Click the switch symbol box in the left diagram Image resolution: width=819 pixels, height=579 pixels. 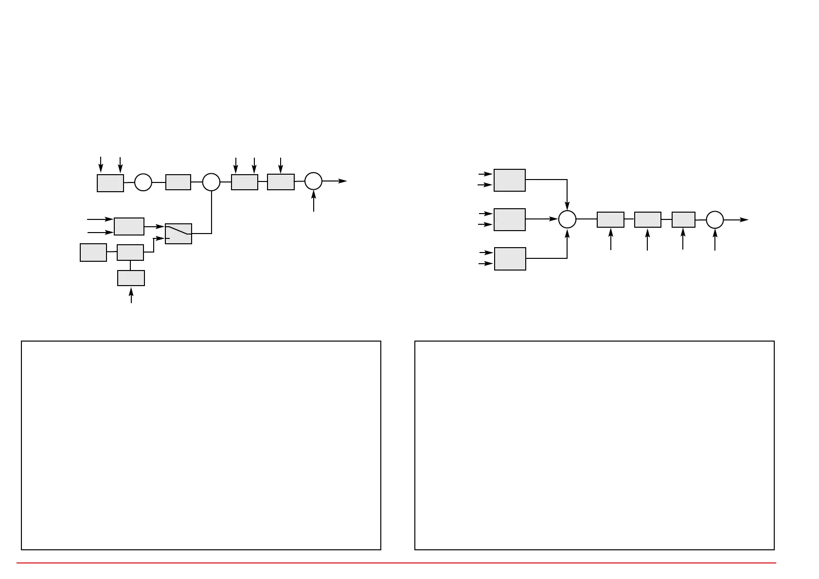178,234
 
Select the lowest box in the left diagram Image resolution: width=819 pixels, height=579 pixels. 131,278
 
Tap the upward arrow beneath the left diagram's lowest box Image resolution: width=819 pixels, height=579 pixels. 131,294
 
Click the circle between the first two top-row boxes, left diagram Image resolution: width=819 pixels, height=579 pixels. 143,182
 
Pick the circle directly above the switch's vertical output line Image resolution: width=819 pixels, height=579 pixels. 211,182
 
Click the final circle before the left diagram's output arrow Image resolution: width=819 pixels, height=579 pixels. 314,181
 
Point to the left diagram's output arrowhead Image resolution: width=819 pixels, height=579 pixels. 343,181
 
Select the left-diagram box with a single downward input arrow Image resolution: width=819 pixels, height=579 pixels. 281,182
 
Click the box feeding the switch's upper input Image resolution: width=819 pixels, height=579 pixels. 129,226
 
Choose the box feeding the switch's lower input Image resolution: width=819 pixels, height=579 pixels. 130,253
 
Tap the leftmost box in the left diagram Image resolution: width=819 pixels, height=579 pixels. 93,253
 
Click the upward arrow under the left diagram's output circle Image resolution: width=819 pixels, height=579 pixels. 314,200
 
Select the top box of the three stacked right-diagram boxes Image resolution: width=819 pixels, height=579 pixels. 510,180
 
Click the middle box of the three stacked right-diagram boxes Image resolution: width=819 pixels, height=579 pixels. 510,219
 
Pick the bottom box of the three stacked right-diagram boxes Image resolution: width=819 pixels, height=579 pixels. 510,258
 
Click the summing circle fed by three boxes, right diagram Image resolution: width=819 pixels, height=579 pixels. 567,219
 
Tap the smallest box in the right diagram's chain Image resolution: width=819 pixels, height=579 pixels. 683,219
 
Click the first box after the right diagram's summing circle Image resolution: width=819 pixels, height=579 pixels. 610,219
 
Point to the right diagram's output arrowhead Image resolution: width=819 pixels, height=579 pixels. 745,220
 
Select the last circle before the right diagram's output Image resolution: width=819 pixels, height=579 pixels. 715,220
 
